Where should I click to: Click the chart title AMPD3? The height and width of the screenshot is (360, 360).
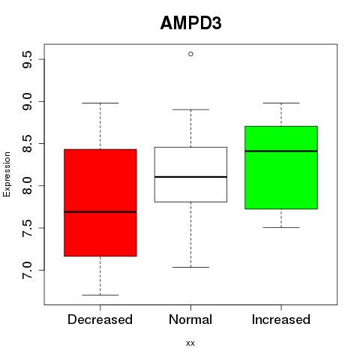(x=190, y=23)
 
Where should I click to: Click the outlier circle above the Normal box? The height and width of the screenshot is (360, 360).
(x=190, y=54)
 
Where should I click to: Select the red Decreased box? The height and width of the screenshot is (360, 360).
(x=100, y=202)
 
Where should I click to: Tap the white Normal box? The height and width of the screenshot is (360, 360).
(x=190, y=175)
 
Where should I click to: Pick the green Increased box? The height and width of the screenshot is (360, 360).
(x=281, y=167)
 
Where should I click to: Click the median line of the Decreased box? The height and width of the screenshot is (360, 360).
(x=100, y=212)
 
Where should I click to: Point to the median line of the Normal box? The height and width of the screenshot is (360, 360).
(x=190, y=177)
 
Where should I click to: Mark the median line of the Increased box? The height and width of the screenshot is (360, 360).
(x=281, y=151)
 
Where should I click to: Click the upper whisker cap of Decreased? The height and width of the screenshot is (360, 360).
(x=100, y=103)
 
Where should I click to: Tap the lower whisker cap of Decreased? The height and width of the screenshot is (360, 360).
(x=100, y=295)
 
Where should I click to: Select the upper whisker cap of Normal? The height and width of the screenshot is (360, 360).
(x=190, y=109)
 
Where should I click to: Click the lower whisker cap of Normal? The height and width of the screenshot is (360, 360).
(x=190, y=267)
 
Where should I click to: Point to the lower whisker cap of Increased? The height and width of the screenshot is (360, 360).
(x=281, y=227)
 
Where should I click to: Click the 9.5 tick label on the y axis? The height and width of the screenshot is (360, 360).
(x=27, y=59)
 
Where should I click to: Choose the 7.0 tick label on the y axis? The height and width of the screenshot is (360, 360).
(x=27, y=271)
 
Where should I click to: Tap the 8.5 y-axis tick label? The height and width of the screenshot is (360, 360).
(x=27, y=144)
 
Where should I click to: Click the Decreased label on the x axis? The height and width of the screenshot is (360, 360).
(x=100, y=319)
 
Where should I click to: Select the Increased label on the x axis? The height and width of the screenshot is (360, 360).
(x=281, y=319)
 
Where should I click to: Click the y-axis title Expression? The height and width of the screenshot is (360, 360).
(x=7, y=174)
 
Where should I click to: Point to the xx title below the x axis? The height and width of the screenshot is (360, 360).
(x=190, y=343)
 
